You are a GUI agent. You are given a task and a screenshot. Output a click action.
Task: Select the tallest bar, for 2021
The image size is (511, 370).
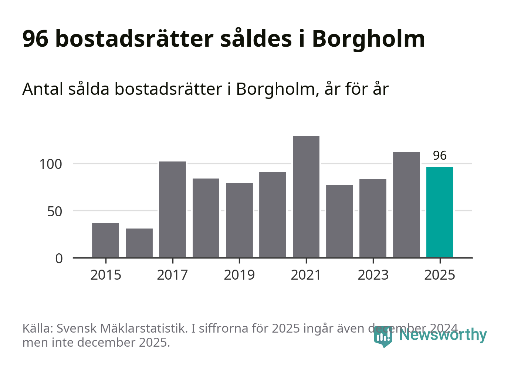pyautogui.click(x=306, y=197)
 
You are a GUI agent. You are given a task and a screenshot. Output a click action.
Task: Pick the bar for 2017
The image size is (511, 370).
pyautogui.click(x=172, y=209)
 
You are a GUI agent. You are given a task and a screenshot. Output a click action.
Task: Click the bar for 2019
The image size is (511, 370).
pyautogui.click(x=239, y=220)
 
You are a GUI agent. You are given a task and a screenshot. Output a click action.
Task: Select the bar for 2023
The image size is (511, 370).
pyautogui.click(x=373, y=218)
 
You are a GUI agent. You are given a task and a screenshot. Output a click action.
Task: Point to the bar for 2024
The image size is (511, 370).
pyautogui.click(x=406, y=204)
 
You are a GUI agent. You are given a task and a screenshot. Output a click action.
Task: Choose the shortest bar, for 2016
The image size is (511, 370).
pyautogui.click(x=139, y=243)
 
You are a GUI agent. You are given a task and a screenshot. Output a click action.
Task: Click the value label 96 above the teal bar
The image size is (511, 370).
pyautogui.click(x=440, y=156)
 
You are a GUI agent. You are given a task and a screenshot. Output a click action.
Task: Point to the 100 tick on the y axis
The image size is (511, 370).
pyautogui.click(x=51, y=164)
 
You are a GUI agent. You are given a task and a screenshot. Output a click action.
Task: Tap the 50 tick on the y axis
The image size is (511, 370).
pyautogui.click(x=54, y=211)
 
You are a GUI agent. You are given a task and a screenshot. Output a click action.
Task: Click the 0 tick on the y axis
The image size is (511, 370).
pyautogui.click(x=59, y=259)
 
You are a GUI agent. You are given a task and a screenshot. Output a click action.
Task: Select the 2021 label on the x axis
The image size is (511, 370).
pyautogui.click(x=306, y=275)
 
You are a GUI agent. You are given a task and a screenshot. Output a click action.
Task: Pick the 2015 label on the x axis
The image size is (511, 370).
pyautogui.click(x=106, y=275)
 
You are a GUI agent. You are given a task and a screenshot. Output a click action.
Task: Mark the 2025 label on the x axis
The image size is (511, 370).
pyautogui.click(x=440, y=275)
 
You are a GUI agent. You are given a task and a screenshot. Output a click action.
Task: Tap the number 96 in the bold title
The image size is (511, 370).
pyautogui.click(x=35, y=39)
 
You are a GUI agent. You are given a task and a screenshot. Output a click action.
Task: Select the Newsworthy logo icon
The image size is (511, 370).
pyautogui.click(x=383, y=336)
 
